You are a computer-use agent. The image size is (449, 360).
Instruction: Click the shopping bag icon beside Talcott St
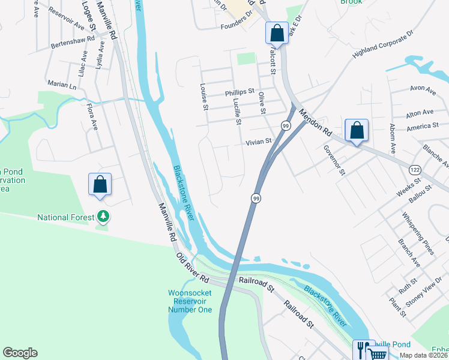coord(277,32)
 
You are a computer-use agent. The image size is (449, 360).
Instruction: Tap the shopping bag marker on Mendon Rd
coord(357,130)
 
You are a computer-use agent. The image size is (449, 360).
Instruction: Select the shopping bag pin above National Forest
coord(100,184)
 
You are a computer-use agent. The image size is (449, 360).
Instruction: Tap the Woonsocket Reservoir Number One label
coord(190,302)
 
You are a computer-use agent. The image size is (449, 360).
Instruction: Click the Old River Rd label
coord(193,268)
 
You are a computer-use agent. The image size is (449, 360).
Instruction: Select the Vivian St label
coord(259,142)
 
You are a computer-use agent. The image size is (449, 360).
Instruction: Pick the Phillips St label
coord(240,93)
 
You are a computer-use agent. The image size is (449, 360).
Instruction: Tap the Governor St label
coord(334,160)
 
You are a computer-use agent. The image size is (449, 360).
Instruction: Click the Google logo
coord(20,353)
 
